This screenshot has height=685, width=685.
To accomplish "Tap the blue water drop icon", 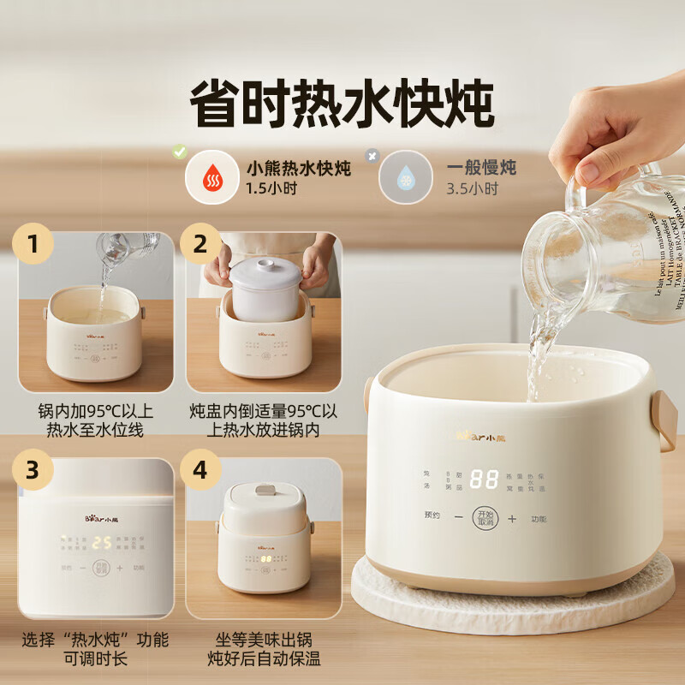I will click(x=405, y=177).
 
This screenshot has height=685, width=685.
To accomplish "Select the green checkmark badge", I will click(x=179, y=152).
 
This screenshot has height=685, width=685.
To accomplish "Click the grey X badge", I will click(x=372, y=156).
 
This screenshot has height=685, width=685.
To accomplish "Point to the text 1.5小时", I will click(x=271, y=188).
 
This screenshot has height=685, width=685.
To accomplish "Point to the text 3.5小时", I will click(x=472, y=188).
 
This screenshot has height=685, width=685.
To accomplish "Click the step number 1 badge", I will click(x=33, y=244).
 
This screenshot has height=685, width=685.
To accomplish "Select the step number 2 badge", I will click(x=201, y=244).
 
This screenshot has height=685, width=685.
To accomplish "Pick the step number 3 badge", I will click(x=33, y=470).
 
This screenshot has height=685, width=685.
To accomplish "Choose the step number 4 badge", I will click(x=201, y=470).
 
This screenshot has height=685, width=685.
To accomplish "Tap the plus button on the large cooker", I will click(x=512, y=519).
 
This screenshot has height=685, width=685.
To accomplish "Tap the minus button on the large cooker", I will click(x=457, y=519).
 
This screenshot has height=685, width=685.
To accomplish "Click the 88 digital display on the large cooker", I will click(x=484, y=479).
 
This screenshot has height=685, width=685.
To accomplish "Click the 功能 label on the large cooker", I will click(x=539, y=519).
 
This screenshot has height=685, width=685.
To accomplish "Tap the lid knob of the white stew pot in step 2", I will click(x=265, y=265).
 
